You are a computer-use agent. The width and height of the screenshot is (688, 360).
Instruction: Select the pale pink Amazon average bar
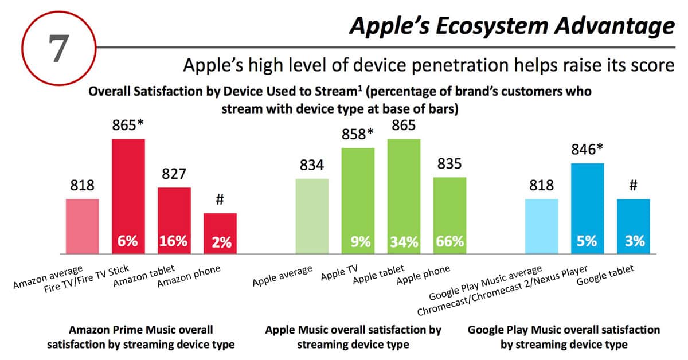[83, 226]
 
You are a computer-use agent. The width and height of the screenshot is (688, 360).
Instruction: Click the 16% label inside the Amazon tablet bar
[174, 241]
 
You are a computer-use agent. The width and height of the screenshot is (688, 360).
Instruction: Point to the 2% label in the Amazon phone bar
[220, 242]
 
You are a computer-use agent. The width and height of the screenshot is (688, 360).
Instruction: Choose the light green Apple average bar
[312, 216]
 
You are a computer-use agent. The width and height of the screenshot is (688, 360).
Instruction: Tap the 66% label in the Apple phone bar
[449, 241]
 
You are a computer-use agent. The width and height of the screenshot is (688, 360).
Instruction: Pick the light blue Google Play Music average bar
[542, 226]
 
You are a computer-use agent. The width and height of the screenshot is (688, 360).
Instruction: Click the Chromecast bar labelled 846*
[588, 201]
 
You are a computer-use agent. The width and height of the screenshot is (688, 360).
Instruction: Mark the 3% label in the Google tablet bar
[634, 242]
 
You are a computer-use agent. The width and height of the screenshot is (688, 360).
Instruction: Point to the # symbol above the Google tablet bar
[634, 186]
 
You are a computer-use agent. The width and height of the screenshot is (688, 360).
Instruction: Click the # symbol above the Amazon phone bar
[220, 200]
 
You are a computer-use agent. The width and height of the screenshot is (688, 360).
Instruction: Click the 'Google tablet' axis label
[605, 280]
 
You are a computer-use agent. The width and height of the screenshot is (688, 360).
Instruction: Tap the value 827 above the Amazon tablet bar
[174, 174]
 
